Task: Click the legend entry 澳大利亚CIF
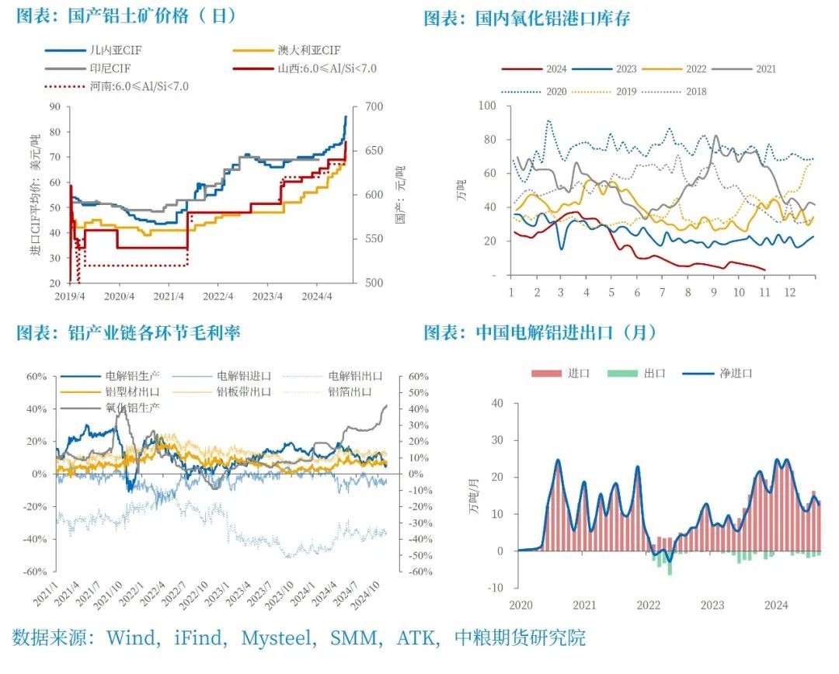[x=308, y=50]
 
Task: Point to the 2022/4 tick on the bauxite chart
[x=219, y=296]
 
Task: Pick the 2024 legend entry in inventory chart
[x=555, y=69]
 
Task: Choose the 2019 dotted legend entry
[x=625, y=92]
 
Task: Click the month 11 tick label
[x=765, y=293]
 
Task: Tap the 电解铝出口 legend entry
[x=350, y=377]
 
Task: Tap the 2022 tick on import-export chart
[x=648, y=605]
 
